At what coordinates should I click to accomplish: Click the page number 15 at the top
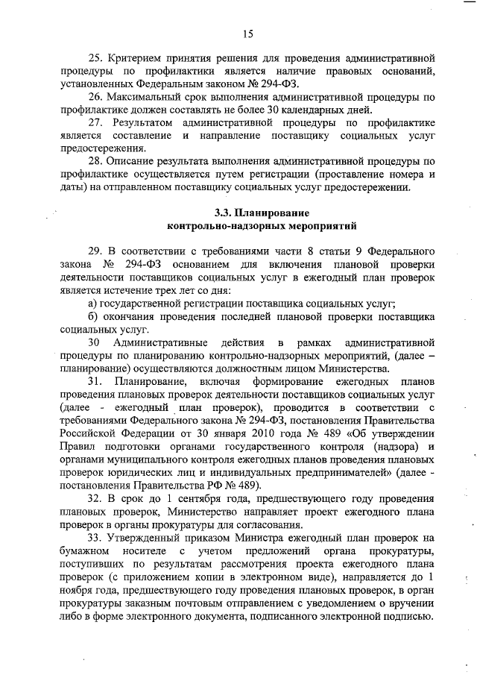pos(248,32)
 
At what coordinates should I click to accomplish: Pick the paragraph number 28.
pos(96,163)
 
